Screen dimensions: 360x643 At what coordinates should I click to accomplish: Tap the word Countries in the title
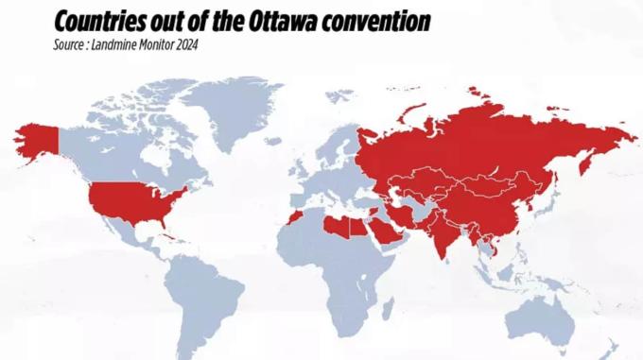pyautogui.click(x=100, y=21)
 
